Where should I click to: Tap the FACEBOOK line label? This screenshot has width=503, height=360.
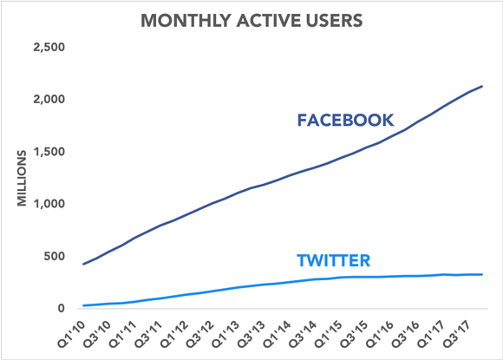[345, 121]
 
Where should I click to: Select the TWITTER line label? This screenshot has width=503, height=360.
[333, 259]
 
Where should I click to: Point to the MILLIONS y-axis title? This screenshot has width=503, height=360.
[24, 177]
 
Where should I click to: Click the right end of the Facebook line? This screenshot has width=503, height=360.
[483, 87]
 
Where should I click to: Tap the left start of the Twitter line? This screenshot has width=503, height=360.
[83, 305]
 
